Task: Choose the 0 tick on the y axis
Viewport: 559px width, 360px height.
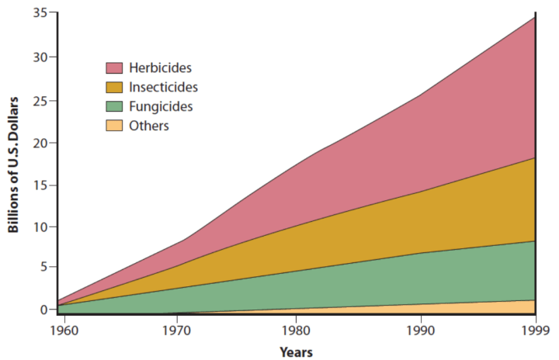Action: (x=43, y=310)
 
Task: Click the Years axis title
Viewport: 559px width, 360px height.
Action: (x=296, y=352)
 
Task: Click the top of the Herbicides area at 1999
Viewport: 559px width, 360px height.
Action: (x=534, y=17)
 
